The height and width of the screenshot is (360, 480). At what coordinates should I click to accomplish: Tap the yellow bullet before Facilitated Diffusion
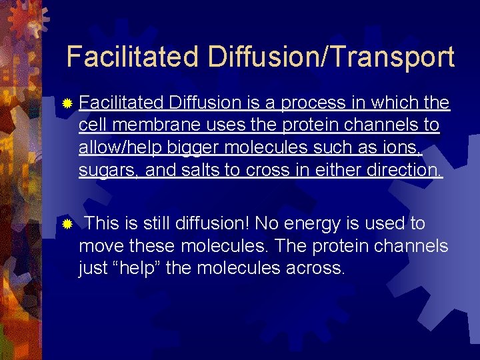pyautogui.click(x=66, y=104)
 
